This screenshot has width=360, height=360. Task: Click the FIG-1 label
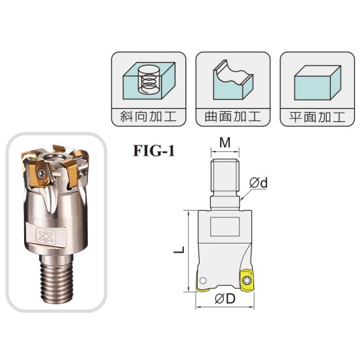(x=154, y=151)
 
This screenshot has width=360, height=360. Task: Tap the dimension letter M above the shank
(x=225, y=143)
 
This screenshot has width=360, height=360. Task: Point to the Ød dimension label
(x=259, y=183)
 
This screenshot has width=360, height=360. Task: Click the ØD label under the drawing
(x=225, y=298)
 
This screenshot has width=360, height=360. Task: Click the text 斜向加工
(x=149, y=117)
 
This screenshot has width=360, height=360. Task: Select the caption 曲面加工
(x=233, y=117)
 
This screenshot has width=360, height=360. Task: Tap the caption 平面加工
(x=317, y=117)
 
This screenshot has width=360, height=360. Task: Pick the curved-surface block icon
(x=233, y=80)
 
